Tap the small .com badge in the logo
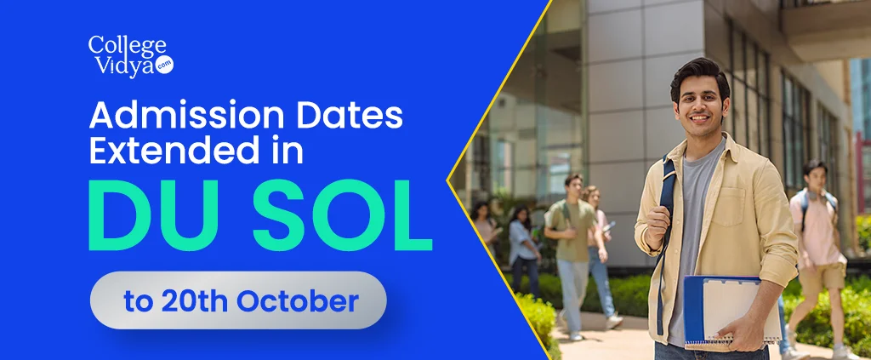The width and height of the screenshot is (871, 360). coord(164,65)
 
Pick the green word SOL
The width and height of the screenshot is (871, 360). coord(342,215)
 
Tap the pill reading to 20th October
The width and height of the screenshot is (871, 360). coord(238,300)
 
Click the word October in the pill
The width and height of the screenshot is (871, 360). coord(297,301)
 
